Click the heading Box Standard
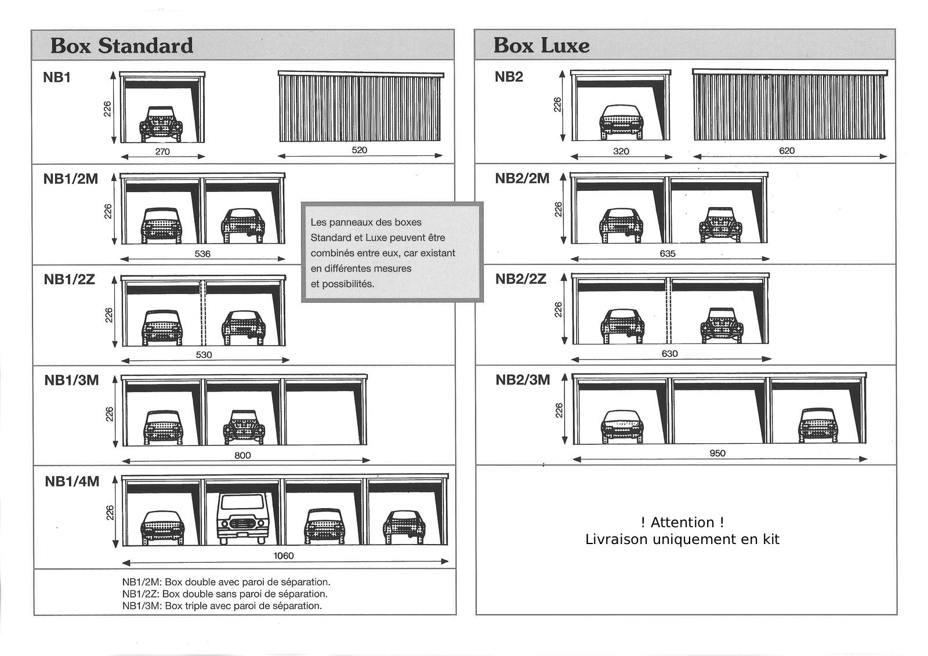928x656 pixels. click(x=122, y=46)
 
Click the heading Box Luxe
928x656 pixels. click(x=541, y=46)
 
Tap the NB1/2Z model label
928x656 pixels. click(x=69, y=280)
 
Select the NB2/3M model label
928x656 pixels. click(x=523, y=380)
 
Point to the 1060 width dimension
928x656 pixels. click(x=284, y=556)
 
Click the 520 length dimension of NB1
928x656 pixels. click(x=360, y=150)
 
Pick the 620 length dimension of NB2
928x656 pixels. click(x=786, y=151)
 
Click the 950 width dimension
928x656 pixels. click(x=717, y=453)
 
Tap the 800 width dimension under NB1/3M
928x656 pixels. click(x=242, y=455)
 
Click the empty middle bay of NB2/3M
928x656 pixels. click(x=720, y=415)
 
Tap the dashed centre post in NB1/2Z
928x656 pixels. click(x=203, y=313)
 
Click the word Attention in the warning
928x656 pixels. click(x=683, y=523)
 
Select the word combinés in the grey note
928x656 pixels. click(x=330, y=253)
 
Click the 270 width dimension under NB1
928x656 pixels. click(x=162, y=151)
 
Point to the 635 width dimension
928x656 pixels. click(x=668, y=253)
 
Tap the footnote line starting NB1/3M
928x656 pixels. click(x=222, y=606)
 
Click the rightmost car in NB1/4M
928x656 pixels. click(x=404, y=526)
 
